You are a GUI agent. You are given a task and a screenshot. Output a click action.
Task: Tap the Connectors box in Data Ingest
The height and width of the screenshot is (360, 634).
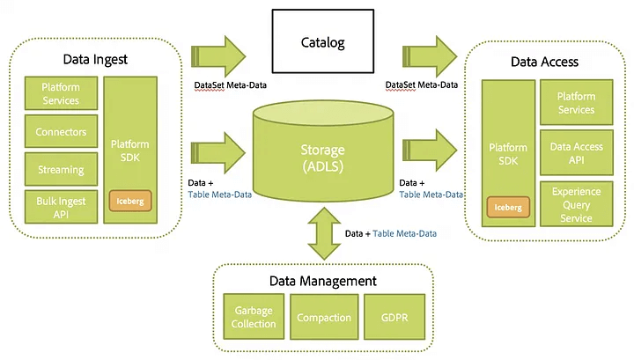[60, 132]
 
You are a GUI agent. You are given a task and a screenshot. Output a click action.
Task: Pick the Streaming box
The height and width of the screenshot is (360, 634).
[60, 169]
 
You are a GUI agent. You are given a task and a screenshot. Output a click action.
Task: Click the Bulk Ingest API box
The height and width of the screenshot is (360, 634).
[60, 206]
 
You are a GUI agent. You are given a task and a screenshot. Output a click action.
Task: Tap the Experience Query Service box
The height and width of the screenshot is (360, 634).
[576, 204]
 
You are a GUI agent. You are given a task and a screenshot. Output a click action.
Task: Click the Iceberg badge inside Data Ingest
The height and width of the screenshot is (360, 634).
[130, 200]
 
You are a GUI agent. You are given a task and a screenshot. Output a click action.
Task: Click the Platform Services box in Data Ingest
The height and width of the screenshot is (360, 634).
[60, 94]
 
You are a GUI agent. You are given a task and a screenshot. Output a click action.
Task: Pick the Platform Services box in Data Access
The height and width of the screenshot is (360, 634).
[576, 103]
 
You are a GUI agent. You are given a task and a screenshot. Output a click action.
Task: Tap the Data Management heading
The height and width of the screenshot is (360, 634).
[323, 281]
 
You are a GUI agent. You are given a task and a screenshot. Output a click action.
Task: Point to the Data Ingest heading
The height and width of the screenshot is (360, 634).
[96, 60]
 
